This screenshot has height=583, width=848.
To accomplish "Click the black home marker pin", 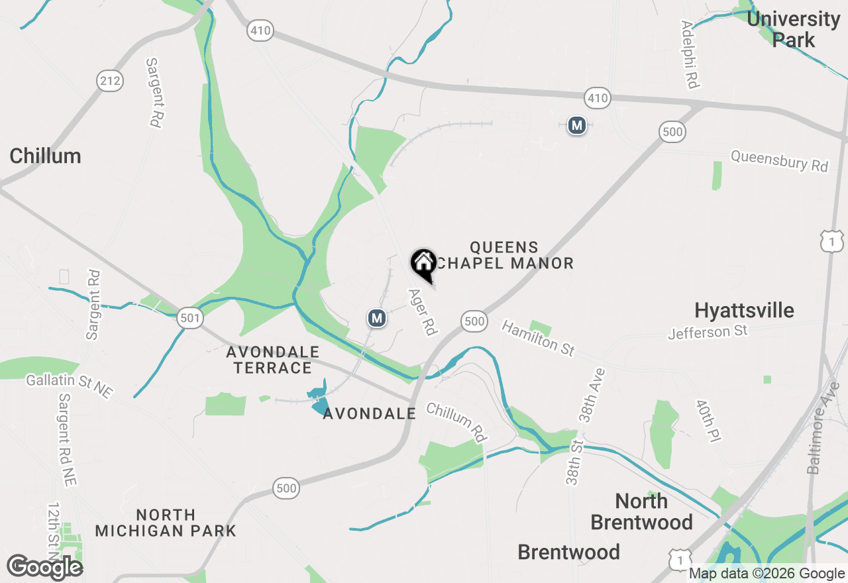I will click(423, 264).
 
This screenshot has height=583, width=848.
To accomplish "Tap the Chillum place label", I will click(46, 156).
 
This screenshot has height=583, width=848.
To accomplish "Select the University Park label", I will click(793, 29).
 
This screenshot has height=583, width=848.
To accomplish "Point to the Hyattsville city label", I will click(744, 310).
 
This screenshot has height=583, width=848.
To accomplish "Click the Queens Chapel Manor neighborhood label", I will click(504, 256).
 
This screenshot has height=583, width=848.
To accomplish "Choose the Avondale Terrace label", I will click(273, 360).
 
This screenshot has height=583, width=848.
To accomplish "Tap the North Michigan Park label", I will click(166, 523).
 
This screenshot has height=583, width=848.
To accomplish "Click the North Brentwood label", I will click(641, 511).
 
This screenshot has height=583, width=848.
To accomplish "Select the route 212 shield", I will click(110, 81).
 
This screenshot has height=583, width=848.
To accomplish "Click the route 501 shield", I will click(189, 319).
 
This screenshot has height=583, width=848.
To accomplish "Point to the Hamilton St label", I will click(538, 338).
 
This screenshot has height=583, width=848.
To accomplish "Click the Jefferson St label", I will click(708, 331).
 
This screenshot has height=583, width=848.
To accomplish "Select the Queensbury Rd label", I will click(779, 160).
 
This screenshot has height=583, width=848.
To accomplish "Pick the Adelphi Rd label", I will click(690, 54).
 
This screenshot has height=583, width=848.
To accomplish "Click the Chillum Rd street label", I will click(456, 421).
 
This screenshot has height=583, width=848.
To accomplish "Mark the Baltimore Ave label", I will click(822, 437).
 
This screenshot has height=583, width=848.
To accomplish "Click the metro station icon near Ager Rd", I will click(377, 319).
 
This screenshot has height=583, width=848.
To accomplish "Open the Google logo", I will click(45, 568).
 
